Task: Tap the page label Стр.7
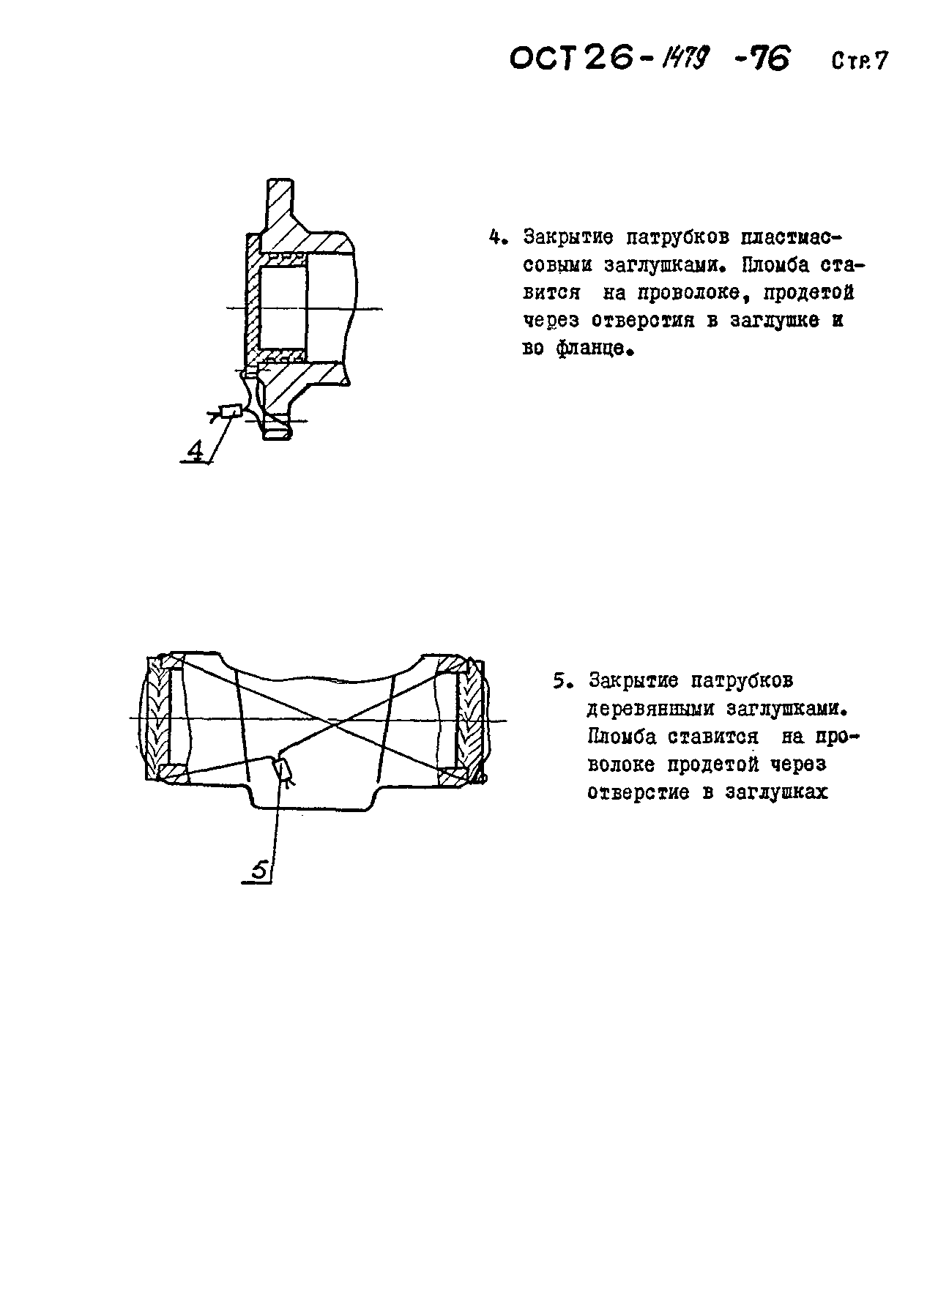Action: (x=858, y=61)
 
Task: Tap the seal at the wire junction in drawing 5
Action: (x=283, y=770)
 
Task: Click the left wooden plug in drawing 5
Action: (x=157, y=718)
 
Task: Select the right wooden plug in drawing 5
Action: (x=470, y=718)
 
